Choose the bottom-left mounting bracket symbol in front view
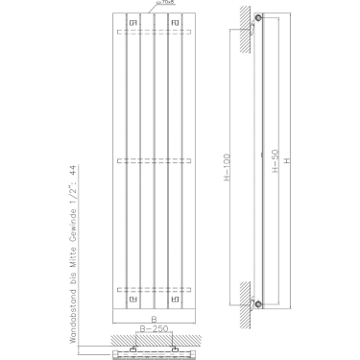point(132,298)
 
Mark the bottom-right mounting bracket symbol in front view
point(175,298)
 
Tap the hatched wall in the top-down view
point(153,341)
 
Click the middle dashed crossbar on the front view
point(153,159)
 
